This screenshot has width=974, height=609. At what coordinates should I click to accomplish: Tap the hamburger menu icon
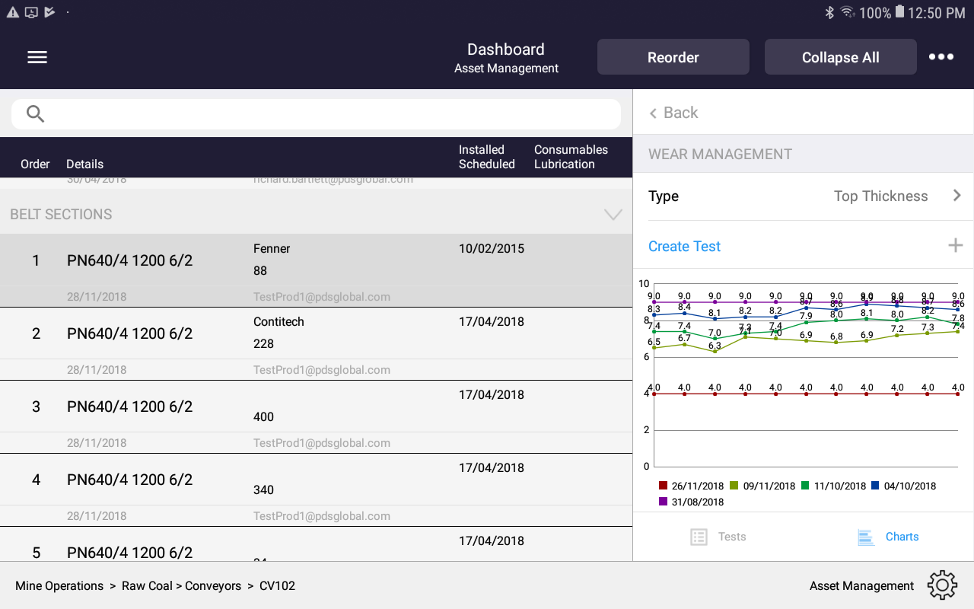pos(37,57)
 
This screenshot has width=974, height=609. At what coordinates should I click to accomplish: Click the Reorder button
pos(673,57)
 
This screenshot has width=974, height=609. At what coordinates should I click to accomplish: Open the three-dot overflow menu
pos(941,57)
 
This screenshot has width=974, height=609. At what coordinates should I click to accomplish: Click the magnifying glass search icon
pos(36,114)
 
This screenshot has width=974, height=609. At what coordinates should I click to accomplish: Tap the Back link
pos(673,113)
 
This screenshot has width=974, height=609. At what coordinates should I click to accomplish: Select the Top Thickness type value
pos(880,196)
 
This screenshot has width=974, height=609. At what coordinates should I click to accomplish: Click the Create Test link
pos(684,247)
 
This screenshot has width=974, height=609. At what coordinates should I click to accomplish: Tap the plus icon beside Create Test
pos(956,245)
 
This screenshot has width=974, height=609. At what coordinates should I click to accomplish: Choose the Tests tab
pos(719,537)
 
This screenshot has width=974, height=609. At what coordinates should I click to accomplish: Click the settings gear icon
pos(942,585)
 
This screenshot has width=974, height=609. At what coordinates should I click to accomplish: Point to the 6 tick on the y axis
pos(646,357)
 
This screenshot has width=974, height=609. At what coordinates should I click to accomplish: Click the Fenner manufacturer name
pos(272,249)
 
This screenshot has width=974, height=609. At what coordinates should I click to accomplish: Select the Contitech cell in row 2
pos(279,322)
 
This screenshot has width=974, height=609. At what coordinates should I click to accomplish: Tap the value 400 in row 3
pos(263,417)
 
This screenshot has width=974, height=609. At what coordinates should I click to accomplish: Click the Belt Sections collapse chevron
pos(613,215)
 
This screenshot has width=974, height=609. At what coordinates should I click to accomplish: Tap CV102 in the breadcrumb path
pos(277,586)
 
